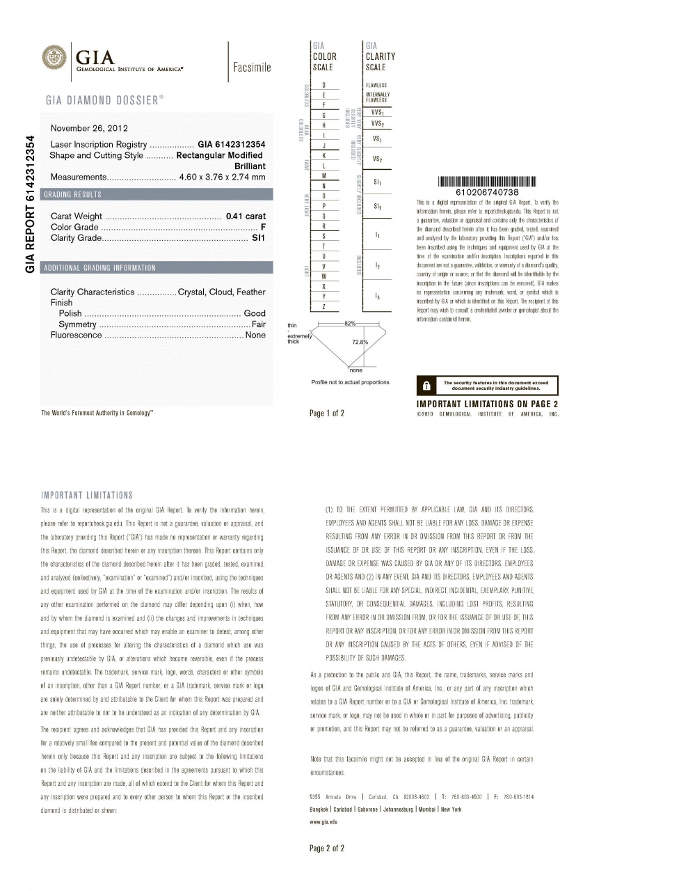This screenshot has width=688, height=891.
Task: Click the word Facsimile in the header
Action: click(252, 68)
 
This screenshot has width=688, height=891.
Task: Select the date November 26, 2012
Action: click(89, 128)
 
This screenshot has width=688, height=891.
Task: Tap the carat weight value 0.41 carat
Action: click(246, 216)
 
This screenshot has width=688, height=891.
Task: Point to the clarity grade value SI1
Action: click(258, 238)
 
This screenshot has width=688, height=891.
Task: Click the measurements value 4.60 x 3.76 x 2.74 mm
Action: click(222, 178)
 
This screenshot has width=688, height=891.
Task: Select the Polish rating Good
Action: click(255, 314)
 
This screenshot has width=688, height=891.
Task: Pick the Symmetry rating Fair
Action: click(258, 324)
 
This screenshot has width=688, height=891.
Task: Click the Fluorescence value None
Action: click(255, 336)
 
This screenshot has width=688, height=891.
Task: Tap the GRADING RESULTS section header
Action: click(72, 195)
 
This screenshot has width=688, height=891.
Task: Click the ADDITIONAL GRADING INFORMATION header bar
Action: click(99, 268)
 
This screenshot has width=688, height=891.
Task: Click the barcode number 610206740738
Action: click(487, 192)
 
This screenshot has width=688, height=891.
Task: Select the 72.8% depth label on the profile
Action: click(360, 342)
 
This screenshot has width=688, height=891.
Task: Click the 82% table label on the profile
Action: click(349, 324)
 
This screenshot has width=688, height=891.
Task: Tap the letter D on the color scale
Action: click(323, 85)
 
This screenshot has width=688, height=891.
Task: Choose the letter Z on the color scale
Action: click(323, 307)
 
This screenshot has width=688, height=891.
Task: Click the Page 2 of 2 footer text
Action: click(327, 848)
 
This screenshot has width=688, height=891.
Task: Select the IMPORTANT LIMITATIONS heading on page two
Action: click(87, 496)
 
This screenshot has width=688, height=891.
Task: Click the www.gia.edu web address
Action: click(323, 822)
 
